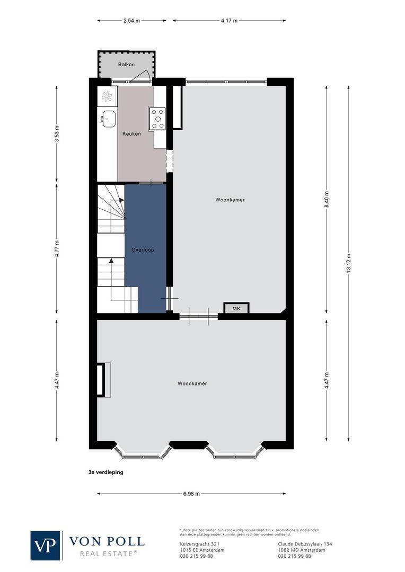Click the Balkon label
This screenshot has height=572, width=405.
click(126, 65)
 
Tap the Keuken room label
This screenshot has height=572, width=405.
click(131, 134)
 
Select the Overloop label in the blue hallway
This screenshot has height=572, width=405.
click(143, 249)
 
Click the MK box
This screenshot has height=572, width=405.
click(236, 308)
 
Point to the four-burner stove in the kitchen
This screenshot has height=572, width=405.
click(157, 119)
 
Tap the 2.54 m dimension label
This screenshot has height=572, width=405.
click(131, 21)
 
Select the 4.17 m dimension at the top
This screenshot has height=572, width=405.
click(229, 21)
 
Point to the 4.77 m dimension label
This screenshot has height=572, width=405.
click(57, 249)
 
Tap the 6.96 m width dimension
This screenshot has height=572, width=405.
click(191, 494)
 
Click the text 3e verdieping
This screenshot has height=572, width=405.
click(106, 471)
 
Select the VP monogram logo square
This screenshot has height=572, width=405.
click(46, 545)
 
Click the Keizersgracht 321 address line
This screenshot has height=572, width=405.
click(197, 544)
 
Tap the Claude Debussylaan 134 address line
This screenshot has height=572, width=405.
click(305, 544)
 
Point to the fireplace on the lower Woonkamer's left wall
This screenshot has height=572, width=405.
click(102, 379)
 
